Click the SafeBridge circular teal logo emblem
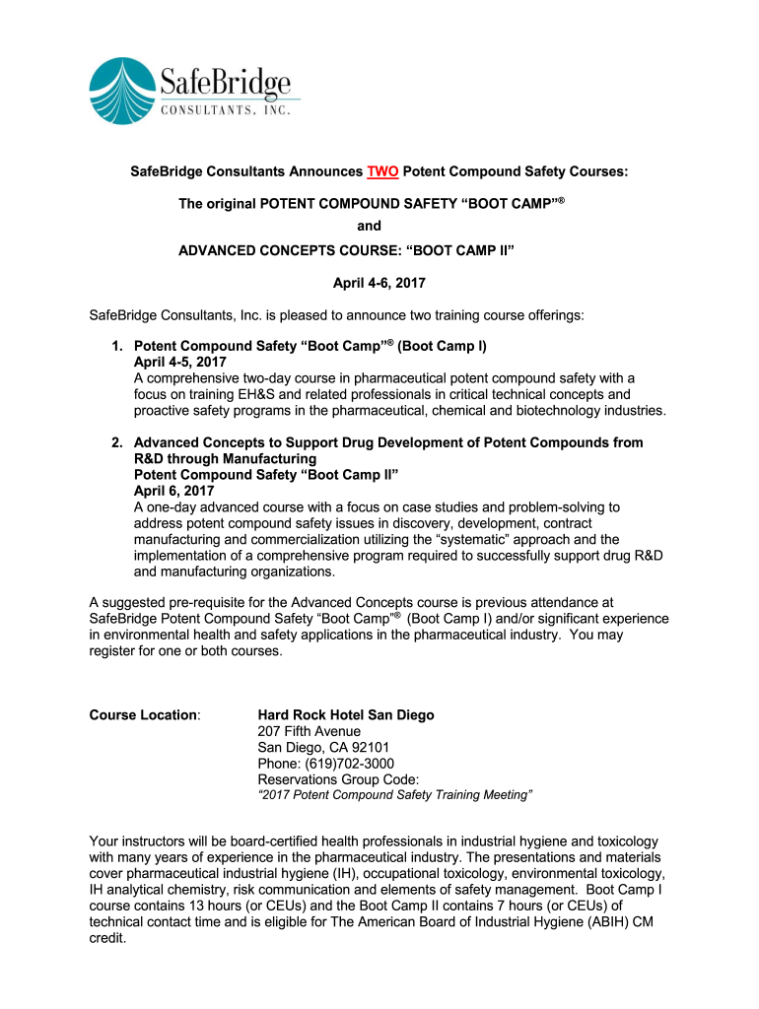point(122,91)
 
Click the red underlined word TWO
point(382,171)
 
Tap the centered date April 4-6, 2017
point(379,283)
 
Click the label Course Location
point(144,714)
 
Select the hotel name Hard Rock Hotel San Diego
point(345,714)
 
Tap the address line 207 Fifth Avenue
point(309,731)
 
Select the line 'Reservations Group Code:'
point(330,778)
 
